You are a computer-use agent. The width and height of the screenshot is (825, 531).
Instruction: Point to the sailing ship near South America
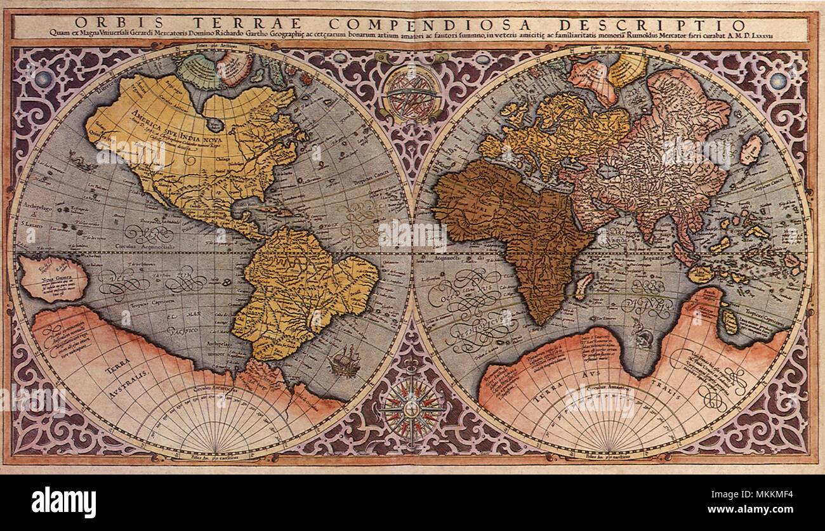click(x=344, y=362)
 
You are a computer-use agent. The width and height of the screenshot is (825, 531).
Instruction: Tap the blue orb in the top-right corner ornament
click(x=778, y=80)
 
